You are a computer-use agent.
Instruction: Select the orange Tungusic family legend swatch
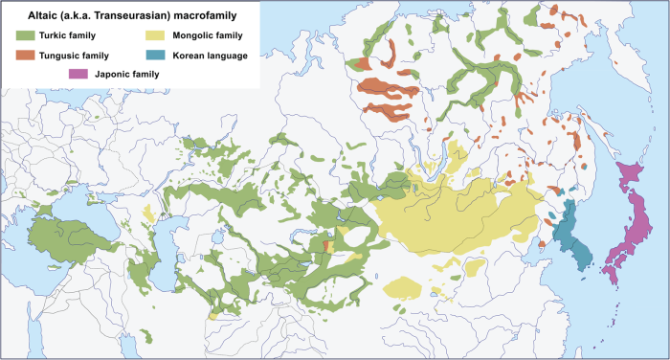pyautogui.click(x=24, y=56)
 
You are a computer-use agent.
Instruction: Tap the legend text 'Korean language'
pyautogui.click(x=210, y=56)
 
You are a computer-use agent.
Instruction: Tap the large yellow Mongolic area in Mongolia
pyautogui.click(x=450, y=215)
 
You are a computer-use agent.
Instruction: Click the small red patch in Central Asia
pyautogui.click(x=327, y=247)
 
